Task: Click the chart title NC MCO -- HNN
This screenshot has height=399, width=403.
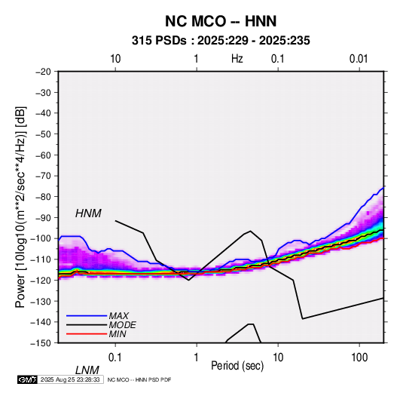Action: (221, 21)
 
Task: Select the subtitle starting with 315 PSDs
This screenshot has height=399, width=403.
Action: (221, 41)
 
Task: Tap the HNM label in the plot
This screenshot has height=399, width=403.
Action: (88, 213)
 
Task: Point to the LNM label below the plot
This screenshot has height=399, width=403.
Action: (87, 370)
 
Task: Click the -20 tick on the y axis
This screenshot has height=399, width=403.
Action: (43, 72)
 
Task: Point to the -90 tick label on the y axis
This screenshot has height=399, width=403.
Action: (43, 218)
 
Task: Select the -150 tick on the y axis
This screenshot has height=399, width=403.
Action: (41, 343)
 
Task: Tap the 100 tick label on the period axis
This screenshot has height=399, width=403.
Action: (359, 358)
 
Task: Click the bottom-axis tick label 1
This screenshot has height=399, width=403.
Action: (196, 358)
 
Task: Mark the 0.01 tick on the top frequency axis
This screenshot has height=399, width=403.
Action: (359, 59)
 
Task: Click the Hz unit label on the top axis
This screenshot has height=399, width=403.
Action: (237, 59)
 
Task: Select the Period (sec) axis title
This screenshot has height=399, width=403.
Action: (237, 366)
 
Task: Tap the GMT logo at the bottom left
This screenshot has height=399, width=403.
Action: (28, 379)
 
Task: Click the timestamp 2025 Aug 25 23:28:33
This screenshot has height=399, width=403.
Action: (70, 379)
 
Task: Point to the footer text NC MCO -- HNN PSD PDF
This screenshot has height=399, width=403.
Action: (139, 379)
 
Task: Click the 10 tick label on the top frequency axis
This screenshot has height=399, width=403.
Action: (115, 59)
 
